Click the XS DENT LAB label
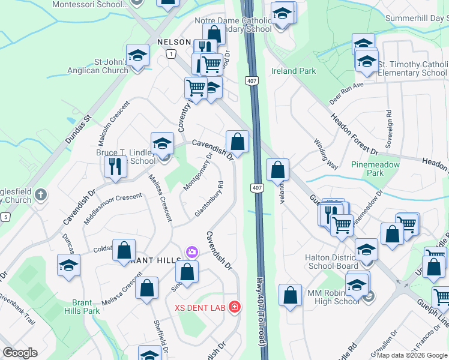point(200,308)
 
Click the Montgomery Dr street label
point(198,172)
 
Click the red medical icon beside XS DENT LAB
point(234,308)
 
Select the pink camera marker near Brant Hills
point(192,251)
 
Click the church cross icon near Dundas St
point(41,194)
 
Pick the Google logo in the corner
point(20,353)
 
